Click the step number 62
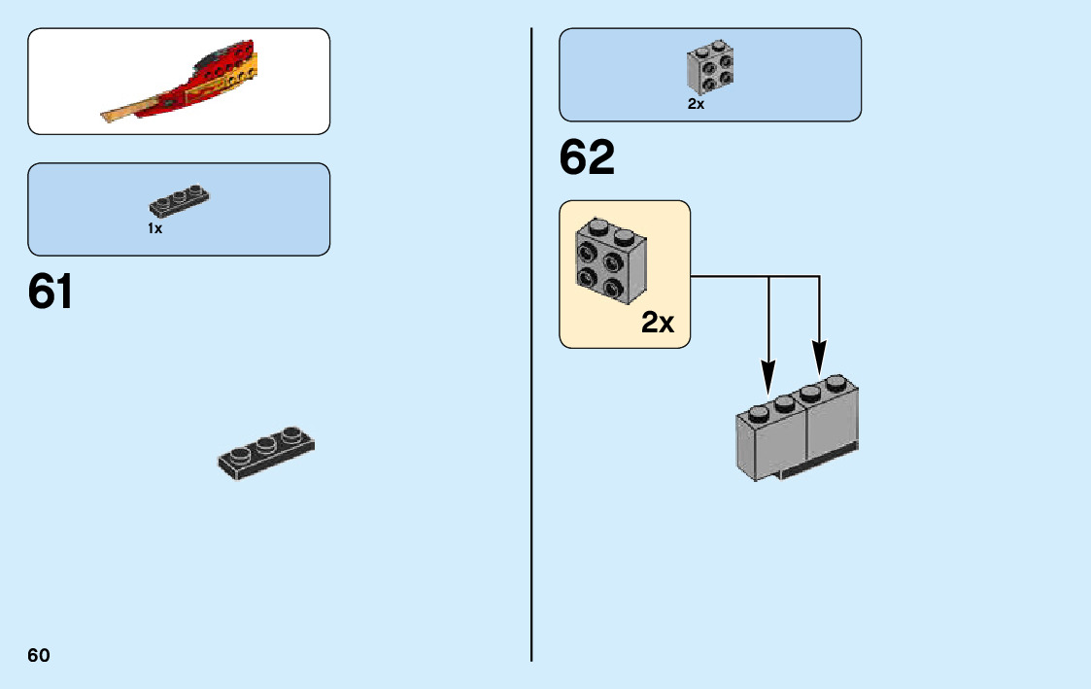(x=587, y=157)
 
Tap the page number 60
(x=39, y=655)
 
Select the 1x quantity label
(x=154, y=228)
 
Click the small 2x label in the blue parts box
(x=696, y=104)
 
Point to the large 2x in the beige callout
(x=658, y=323)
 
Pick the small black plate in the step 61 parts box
(x=179, y=200)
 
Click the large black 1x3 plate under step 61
(x=265, y=454)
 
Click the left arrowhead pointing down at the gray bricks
(x=768, y=375)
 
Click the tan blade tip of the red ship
(x=121, y=114)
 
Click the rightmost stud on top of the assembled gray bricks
(x=835, y=383)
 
